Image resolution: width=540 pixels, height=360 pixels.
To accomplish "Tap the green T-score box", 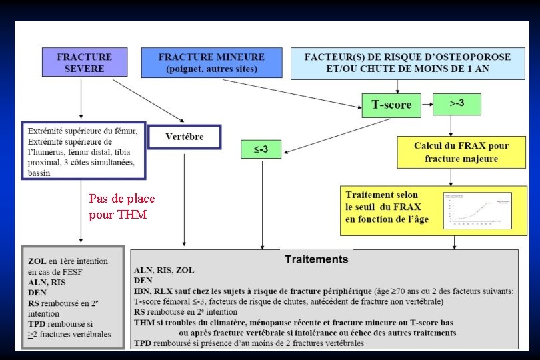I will (x=391, y=105).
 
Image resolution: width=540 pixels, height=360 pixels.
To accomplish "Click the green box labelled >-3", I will (x=458, y=103).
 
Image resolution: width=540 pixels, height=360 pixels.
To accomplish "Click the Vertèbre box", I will (x=184, y=137).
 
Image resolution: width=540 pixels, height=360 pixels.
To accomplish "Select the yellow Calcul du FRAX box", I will (x=461, y=152).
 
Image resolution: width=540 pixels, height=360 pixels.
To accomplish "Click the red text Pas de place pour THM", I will (x=121, y=207).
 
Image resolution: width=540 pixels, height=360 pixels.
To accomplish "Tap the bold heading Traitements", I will (x=317, y=259).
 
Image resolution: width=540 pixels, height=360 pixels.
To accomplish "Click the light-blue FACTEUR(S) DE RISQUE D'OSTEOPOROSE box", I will (x=407, y=63).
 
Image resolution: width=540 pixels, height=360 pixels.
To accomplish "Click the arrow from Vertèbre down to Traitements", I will (x=184, y=200).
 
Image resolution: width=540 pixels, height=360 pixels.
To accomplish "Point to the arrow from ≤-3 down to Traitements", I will (x=262, y=203).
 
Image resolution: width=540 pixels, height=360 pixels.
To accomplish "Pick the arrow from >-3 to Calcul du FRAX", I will (x=451, y=124).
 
